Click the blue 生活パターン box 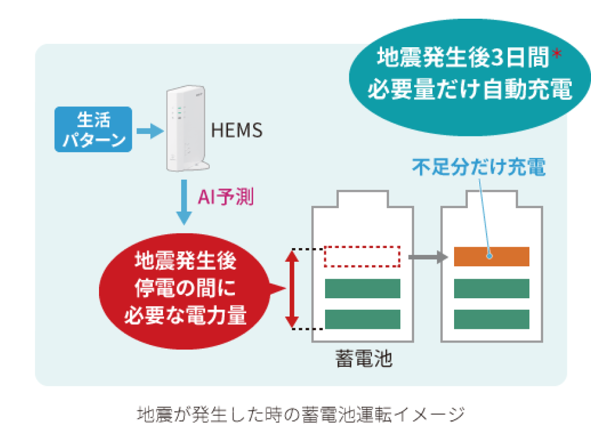[x=93, y=129]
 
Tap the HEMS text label [x=236, y=130]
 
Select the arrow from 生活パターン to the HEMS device [x=149, y=130]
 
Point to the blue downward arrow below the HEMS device [x=184, y=202]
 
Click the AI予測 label [x=226, y=197]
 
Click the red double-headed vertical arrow [x=293, y=288]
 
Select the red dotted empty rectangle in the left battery [x=362, y=256]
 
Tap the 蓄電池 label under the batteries [x=363, y=359]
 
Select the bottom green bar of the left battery [x=362, y=319]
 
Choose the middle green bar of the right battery [x=491, y=288]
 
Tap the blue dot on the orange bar [x=490, y=256]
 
